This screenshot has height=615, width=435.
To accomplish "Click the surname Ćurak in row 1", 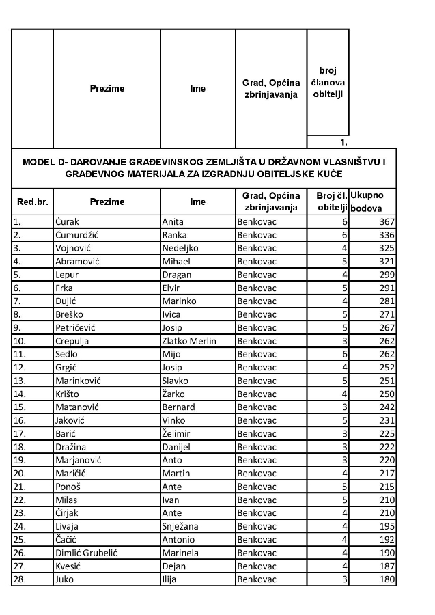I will click(67, 221).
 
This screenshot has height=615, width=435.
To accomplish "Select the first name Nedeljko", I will click(180, 247).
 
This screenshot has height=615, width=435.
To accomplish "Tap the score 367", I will click(387, 221).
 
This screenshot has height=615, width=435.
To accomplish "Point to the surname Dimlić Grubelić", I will click(86, 553).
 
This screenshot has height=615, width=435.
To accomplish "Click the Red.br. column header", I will click(32, 202).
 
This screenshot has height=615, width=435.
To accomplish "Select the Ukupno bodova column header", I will click(371, 202).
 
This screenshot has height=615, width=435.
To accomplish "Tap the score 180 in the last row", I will click(387, 579).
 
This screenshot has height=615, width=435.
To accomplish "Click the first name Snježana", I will click(182, 526).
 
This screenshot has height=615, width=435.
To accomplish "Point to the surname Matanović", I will click(77, 407).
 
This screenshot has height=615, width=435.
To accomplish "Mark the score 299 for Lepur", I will click(387, 274).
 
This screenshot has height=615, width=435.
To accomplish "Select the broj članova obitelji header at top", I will click(328, 82).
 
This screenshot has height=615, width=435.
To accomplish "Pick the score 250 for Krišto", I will click(387, 394).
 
